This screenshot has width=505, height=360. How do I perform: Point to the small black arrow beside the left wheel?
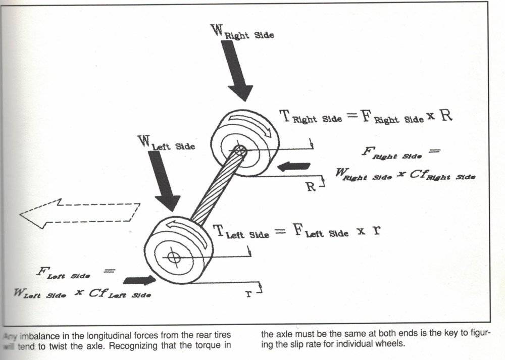tap(139, 280)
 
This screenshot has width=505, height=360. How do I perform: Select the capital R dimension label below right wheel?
tap(311, 186)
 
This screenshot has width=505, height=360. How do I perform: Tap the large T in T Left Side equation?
tap(219, 231)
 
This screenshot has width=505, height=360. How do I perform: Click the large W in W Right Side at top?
tap(217, 29)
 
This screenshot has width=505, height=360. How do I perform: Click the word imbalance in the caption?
tap(36, 335)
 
